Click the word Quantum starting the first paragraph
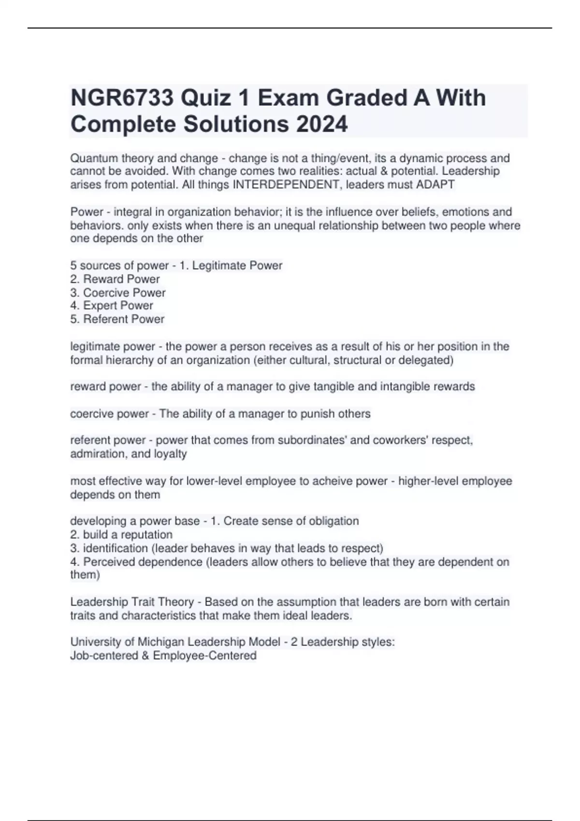[x=93, y=158]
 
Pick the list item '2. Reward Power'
[x=115, y=279]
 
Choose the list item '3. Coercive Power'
[x=118, y=293]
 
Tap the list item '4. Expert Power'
[x=112, y=306]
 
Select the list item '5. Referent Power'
[x=117, y=319]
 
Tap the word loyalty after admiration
[x=170, y=454]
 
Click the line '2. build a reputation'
[x=121, y=535]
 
